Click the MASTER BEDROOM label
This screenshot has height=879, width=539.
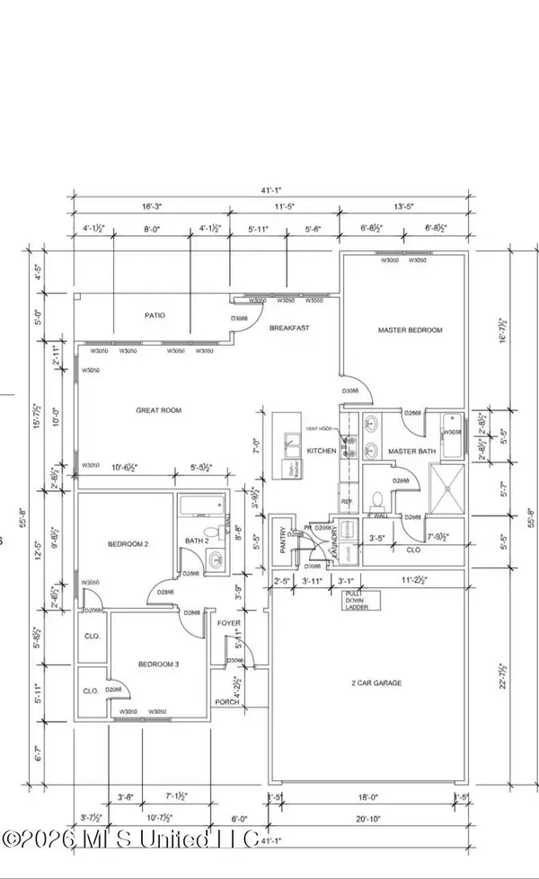(x=409, y=330)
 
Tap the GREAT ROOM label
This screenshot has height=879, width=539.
(x=159, y=410)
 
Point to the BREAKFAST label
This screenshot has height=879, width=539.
(x=289, y=329)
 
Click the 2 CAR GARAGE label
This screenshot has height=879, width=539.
(x=376, y=683)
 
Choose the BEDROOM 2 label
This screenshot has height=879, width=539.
(x=128, y=544)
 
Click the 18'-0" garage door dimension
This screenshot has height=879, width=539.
(x=369, y=796)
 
